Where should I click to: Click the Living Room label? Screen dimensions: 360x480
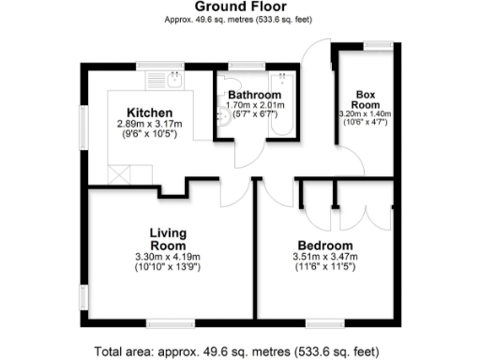[170, 238]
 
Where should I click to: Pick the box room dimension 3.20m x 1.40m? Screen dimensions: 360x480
[365, 113]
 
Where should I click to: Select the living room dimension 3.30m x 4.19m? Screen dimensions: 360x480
[170, 256]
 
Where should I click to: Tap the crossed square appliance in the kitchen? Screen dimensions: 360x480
[120, 173]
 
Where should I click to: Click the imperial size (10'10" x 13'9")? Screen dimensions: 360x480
[170, 266]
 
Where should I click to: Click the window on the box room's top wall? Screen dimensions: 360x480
[378, 44]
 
